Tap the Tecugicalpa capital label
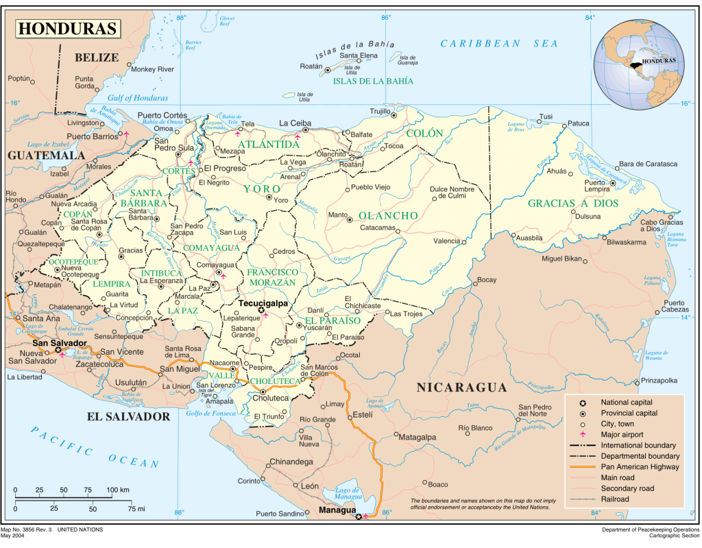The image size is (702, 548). pyautogui.click(x=263, y=302)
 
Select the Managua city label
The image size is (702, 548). pyautogui.click(x=337, y=510)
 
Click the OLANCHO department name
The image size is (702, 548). pyautogui.click(x=388, y=215)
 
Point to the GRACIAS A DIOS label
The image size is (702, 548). pyautogui.click(x=573, y=203)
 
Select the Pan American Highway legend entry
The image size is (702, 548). pyautogui.click(x=640, y=467)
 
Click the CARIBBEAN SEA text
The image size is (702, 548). pyautogui.click(x=499, y=43)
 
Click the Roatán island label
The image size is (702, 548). pyautogui.click(x=311, y=66)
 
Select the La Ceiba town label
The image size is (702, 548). pyautogui.click(x=295, y=123)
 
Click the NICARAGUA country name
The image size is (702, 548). pyautogui.click(x=462, y=388)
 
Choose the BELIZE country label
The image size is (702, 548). pyautogui.click(x=97, y=57)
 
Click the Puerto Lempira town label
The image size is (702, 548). pyautogui.click(x=595, y=187)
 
